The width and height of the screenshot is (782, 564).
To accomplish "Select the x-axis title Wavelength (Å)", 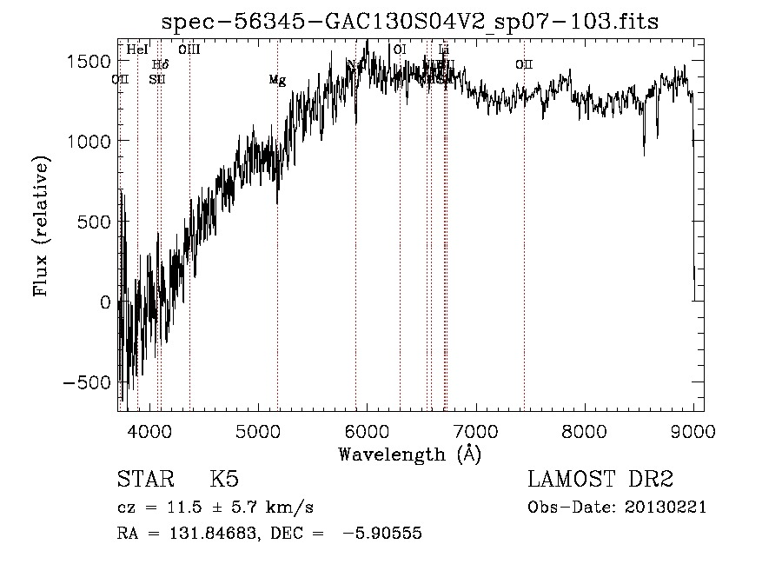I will tap(409, 455).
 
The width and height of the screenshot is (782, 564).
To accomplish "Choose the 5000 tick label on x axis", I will tap(258, 431).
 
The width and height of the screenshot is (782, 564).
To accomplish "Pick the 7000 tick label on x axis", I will tap(475, 431).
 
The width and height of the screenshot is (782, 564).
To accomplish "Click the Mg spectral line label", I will tap(277, 80).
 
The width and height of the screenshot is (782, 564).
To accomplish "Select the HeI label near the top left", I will tap(137, 50).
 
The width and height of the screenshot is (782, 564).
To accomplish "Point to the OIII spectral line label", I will tap(189, 50).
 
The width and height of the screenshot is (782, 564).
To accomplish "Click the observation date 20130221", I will tap(666, 508).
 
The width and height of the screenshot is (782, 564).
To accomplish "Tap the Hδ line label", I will tap(160, 64).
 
